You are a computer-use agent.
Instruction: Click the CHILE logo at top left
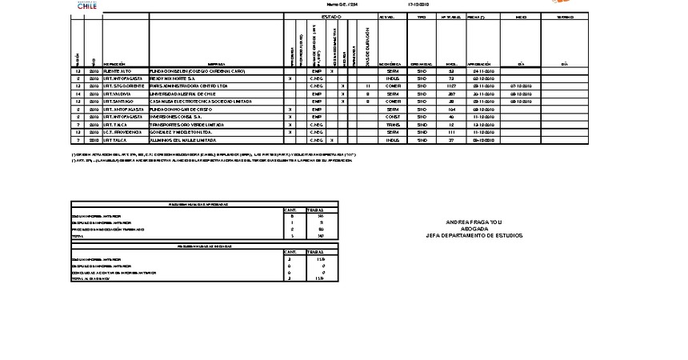[88, 6]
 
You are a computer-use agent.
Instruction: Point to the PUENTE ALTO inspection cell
[118, 71]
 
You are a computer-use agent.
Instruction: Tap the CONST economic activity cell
[392, 117]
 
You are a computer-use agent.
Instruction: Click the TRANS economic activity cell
[392, 124]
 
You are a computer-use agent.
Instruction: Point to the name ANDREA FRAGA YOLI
[474, 222]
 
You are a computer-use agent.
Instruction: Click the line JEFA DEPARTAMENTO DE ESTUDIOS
[474, 235]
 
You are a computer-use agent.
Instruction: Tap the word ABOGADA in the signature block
[474, 229]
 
